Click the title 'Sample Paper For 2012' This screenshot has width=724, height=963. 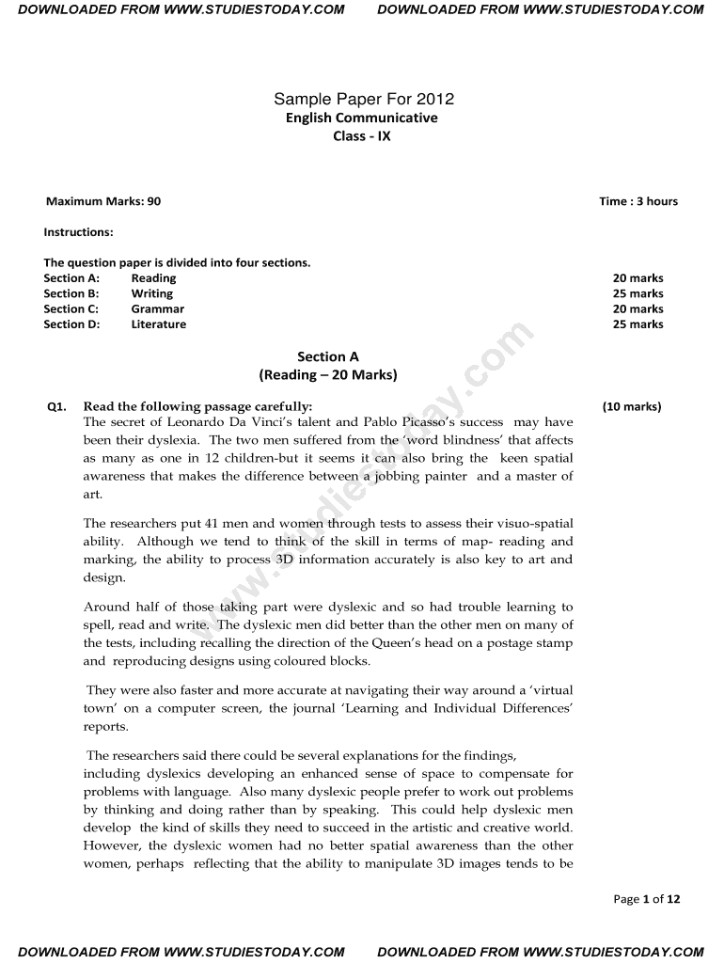coord(362,99)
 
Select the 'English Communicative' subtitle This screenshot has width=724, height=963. coord(362,118)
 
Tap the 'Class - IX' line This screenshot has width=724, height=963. coord(362,135)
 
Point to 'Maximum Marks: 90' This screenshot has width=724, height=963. coord(103,201)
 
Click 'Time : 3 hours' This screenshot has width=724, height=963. coord(638,201)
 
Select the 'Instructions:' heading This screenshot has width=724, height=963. coord(78,232)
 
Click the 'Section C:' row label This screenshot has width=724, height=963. coord(71,308)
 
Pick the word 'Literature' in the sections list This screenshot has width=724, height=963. coord(159,324)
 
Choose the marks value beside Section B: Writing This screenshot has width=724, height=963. coord(637,293)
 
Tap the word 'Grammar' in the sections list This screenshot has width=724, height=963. coord(158,308)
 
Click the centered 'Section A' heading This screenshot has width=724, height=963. coord(328,356)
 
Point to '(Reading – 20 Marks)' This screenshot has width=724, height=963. coord(328,374)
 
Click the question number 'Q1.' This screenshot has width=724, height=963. coord(56,407)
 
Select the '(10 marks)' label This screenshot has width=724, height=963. coord(632,407)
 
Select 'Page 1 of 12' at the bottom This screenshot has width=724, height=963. coord(646,899)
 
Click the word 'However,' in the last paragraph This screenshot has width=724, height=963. coord(111,846)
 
